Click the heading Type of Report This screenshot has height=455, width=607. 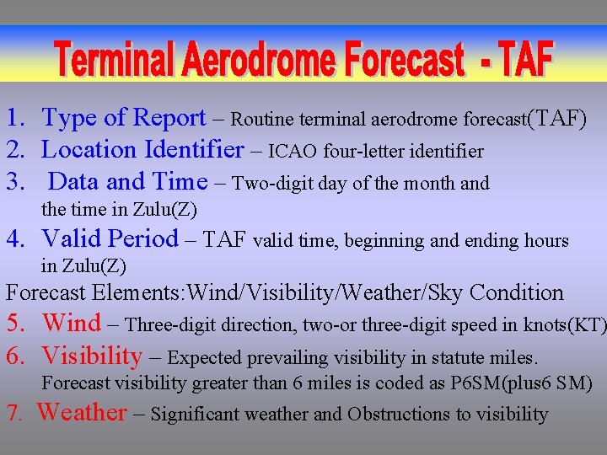point(124,119)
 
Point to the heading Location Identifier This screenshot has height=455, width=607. point(142,151)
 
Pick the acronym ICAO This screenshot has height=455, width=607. point(294,153)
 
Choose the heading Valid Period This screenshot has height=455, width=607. point(110,239)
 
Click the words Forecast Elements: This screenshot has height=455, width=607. point(95,293)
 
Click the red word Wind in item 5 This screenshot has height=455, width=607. point(71,324)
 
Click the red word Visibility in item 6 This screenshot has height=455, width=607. point(92,356)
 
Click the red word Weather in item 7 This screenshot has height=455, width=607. point(82,413)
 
